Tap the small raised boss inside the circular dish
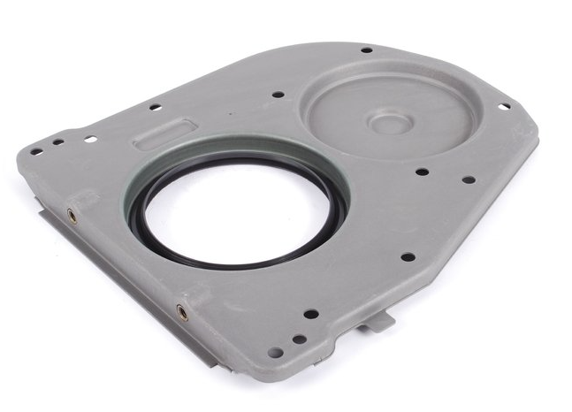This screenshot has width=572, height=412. pos(387,121)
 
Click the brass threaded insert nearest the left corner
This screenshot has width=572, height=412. pos(72,215)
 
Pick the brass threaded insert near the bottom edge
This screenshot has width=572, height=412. pos(182,311)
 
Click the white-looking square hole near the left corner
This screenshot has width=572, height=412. pos(90,139)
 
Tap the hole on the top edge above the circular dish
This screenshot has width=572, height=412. pos(366,50)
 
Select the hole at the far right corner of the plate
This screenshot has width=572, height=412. pos(504,107)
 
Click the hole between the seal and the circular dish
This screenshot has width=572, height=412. pos(278,94)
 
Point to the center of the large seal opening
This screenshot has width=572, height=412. pos(236,209)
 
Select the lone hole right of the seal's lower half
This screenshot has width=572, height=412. pos(408,257)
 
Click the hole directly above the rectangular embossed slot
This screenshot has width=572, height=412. pos(155,108)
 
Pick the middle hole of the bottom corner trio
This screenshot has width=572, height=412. pos(299,338)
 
